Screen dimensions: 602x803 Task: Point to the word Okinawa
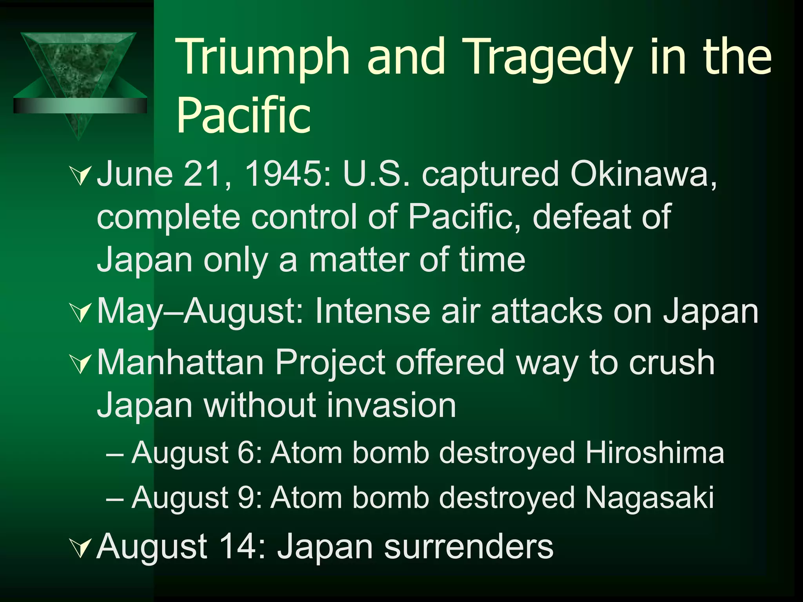click(x=643, y=174)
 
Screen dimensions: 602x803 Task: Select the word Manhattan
click(x=180, y=363)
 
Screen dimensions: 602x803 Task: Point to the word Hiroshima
click(x=654, y=453)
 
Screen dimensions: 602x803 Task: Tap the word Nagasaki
click(x=649, y=497)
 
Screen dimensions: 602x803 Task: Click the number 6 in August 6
click(x=245, y=453)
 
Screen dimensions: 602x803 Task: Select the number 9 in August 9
click(x=245, y=497)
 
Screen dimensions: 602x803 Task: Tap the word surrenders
click(x=469, y=546)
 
